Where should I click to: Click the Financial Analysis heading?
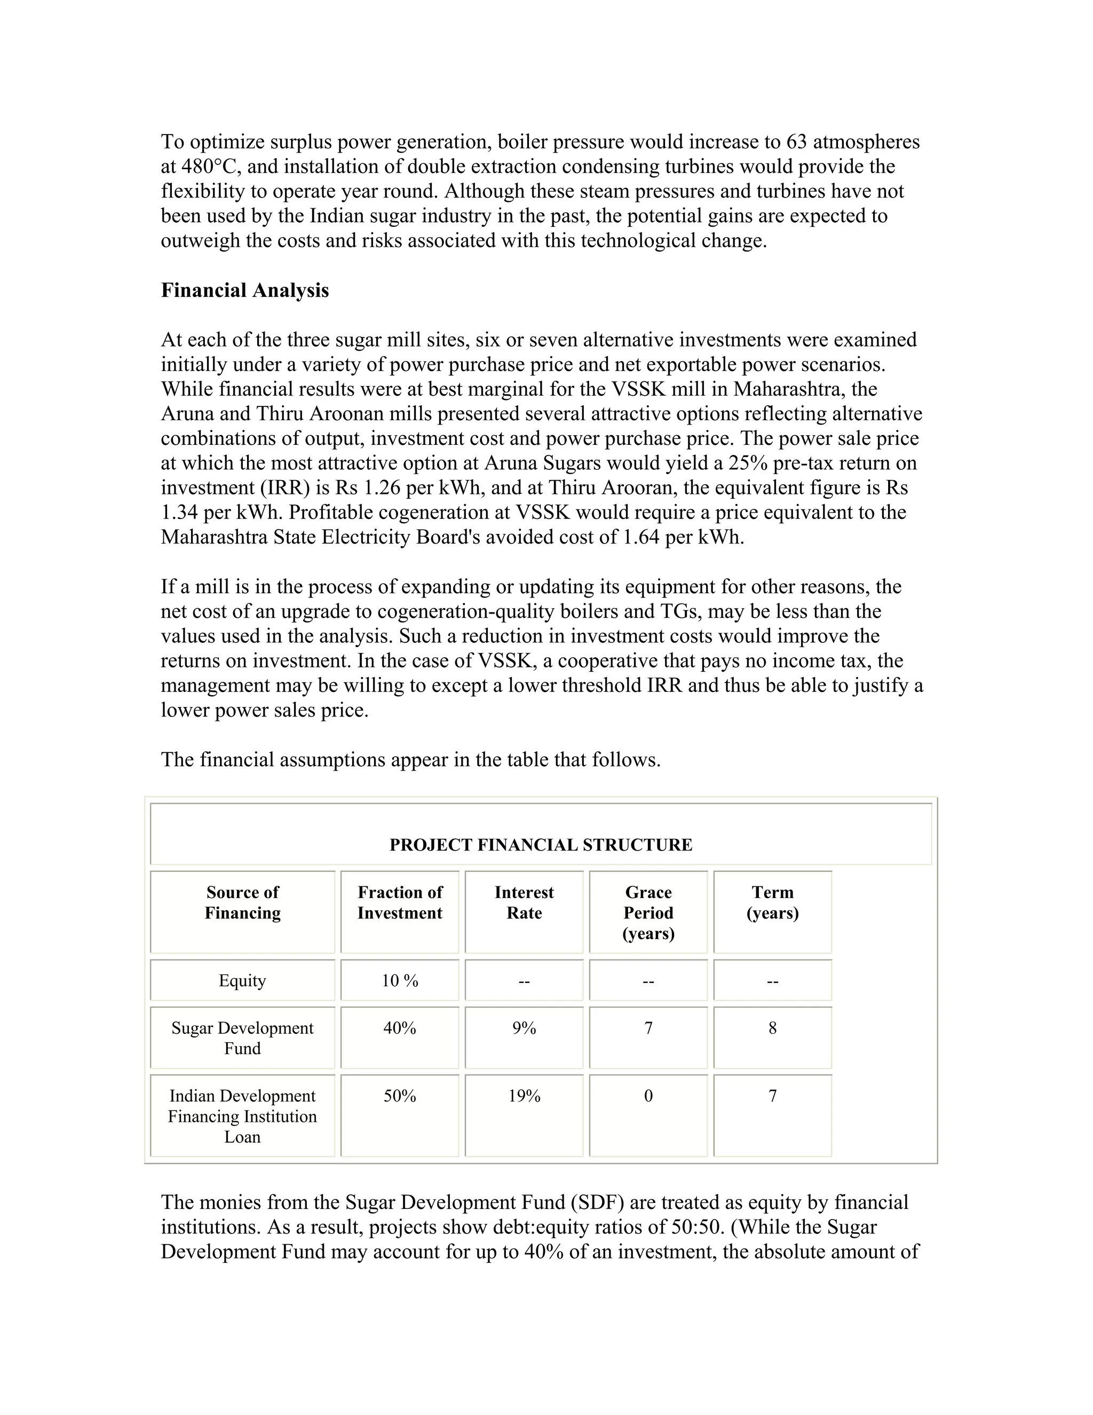[245, 290]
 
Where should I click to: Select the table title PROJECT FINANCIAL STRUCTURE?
[541, 845]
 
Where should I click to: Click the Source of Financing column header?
[242, 902]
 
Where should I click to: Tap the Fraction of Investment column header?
[400, 902]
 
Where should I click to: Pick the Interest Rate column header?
[524, 902]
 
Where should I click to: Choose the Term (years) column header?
[772, 902]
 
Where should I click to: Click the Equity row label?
[242, 980]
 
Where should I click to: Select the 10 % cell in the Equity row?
[400, 980]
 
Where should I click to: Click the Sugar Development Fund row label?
[242, 1038]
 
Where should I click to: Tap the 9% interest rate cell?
[524, 1028]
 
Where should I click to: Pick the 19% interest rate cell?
[524, 1096]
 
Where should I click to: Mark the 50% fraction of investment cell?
[400, 1096]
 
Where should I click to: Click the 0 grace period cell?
[648, 1096]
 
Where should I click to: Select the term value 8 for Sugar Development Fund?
[772, 1028]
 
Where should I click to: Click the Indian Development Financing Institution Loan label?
[242, 1115]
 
